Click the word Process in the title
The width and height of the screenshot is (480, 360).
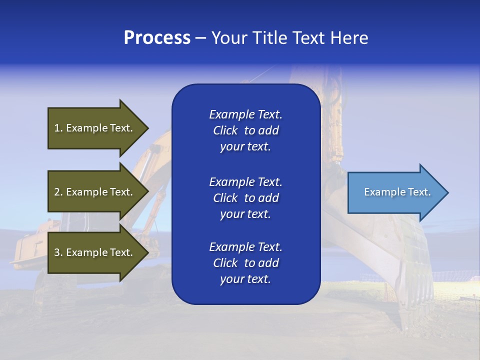click(157, 38)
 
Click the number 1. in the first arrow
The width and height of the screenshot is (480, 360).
click(58, 128)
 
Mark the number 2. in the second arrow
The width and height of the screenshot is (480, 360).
click(58, 192)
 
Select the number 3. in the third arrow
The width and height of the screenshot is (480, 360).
click(58, 252)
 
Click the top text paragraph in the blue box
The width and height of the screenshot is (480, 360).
click(245, 130)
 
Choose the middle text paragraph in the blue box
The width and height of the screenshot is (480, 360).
click(245, 198)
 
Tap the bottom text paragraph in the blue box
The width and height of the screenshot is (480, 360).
click(245, 263)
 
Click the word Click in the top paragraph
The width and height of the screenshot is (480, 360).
click(225, 130)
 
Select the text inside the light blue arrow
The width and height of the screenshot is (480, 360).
click(397, 192)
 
